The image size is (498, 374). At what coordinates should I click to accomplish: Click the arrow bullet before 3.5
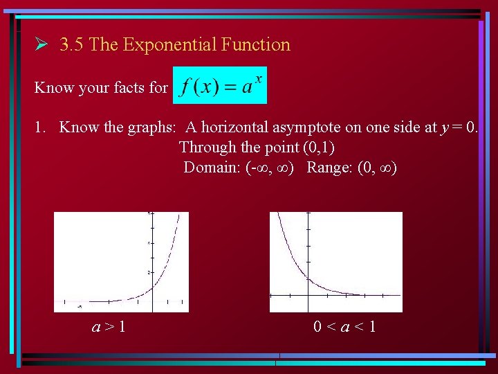point(41,45)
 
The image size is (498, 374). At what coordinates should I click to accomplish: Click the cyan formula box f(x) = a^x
point(219,86)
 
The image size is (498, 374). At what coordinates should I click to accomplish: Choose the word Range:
point(329,168)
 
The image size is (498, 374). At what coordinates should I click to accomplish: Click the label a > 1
point(109,326)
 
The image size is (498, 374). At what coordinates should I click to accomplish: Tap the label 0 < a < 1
point(344,326)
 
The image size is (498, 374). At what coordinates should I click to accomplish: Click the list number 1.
point(39,127)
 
